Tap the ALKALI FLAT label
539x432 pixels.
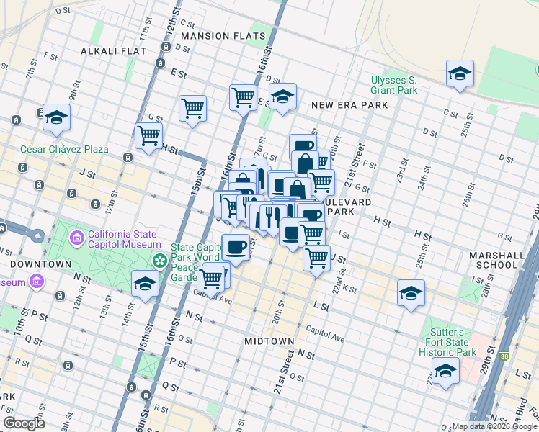[x=114, y=51]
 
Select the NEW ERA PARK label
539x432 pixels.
[x=349, y=105]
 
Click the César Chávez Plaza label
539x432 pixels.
[x=65, y=149]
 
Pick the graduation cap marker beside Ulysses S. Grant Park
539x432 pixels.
[x=459, y=73]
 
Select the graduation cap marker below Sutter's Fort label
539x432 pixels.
[x=445, y=371]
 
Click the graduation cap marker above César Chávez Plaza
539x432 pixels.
[x=55, y=117]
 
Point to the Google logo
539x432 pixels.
[x=24, y=423]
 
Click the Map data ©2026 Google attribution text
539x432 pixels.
[x=494, y=426]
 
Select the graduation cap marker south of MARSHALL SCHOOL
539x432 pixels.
[x=411, y=293]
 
